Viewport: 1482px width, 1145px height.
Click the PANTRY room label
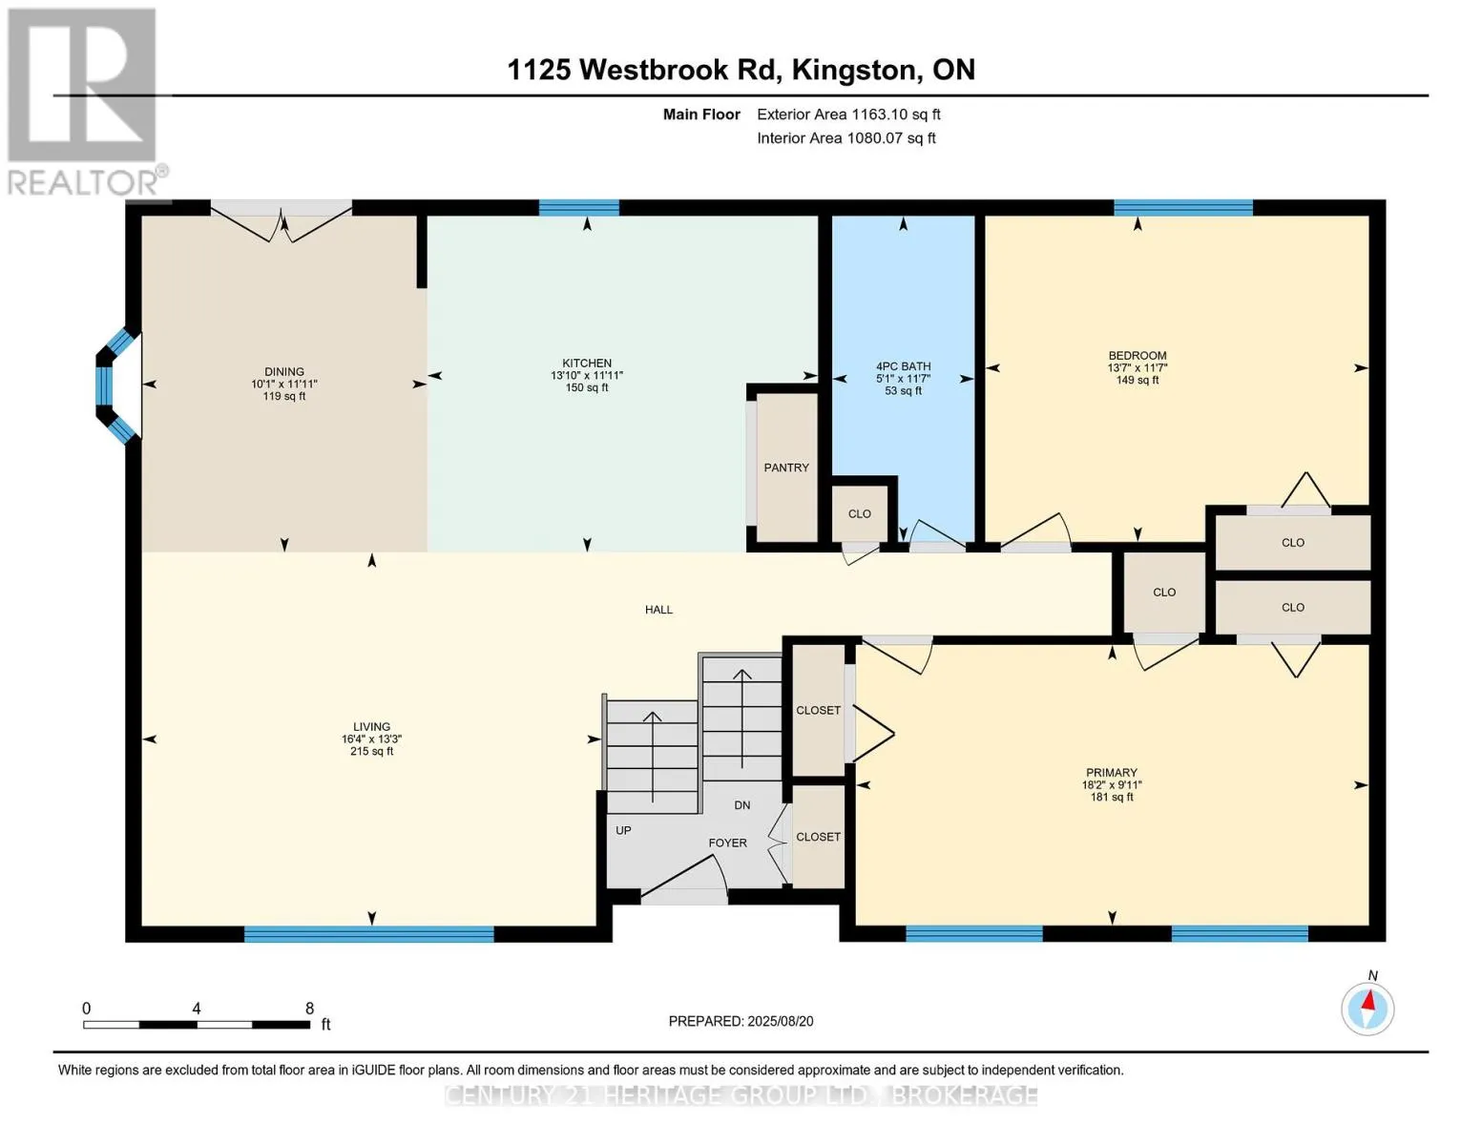click(x=785, y=468)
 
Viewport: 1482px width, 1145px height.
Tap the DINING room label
click(x=284, y=372)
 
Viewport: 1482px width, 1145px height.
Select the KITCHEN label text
click(x=587, y=363)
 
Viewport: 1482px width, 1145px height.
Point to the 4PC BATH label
click(x=903, y=366)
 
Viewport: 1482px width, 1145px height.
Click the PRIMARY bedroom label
click(x=1111, y=773)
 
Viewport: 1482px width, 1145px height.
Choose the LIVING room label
click(x=372, y=727)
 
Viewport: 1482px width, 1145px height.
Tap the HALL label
click(x=658, y=610)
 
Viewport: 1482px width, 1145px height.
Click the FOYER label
click(x=728, y=843)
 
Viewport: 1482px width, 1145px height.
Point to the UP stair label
click(x=623, y=831)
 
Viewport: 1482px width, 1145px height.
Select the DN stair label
click(x=742, y=805)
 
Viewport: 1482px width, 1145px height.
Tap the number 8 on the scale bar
click(x=309, y=1008)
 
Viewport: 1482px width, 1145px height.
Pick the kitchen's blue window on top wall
click(x=579, y=208)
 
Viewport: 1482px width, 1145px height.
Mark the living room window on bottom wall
click(x=369, y=934)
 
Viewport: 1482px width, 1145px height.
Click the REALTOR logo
click(x=85, y=102)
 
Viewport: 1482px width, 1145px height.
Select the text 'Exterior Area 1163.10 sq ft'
click(x=848, y=114)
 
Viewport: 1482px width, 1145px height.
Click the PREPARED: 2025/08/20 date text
click(x=741, y=1021)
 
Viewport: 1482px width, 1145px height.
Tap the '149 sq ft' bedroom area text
click(x=1137, y=380)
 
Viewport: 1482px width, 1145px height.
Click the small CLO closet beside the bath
click(x=859, y=513)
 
